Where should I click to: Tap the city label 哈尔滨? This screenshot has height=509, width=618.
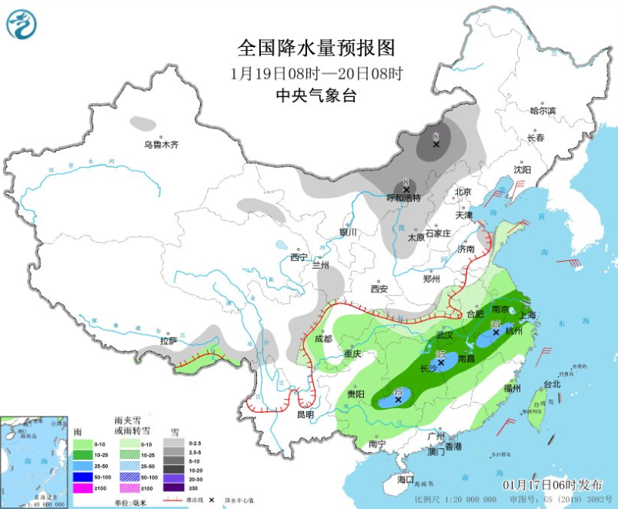point(543,111)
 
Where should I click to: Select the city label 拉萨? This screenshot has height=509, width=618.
point(169,340)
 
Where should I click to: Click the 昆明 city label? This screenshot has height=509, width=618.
point(305,414)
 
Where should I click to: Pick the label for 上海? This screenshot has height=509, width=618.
point(528,315)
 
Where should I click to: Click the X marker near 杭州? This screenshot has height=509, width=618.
point(496,333)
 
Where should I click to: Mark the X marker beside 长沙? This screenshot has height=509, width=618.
point(441,362)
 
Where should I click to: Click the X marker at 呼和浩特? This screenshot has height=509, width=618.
point(406,189)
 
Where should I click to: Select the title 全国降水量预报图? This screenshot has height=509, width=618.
point(316,49)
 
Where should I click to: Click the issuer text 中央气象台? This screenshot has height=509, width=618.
point(316,95)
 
